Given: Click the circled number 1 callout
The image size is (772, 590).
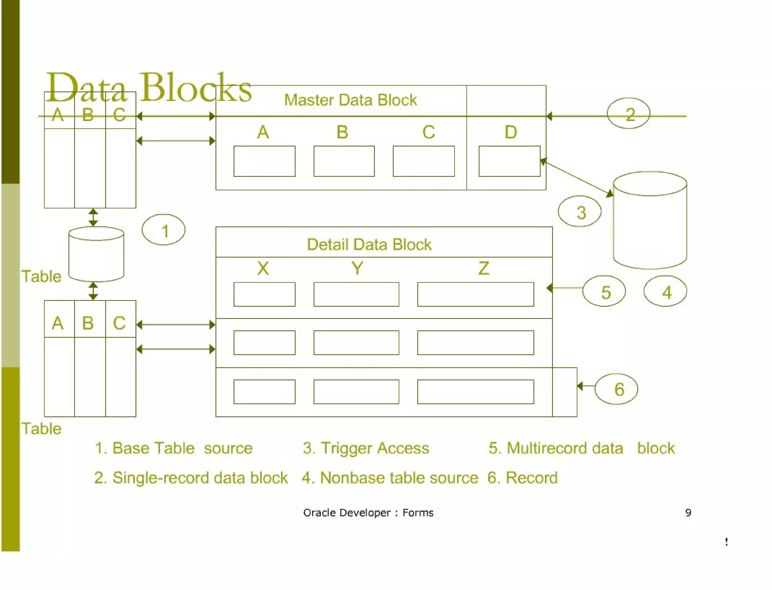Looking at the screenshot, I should click(163, 230).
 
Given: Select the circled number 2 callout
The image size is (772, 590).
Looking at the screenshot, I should click(628, 113).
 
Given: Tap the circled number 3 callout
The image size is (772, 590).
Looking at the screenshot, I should click(579, 211).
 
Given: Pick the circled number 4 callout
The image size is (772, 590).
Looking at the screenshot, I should click(665, 291).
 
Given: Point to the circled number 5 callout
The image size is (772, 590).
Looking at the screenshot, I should click(604, 291).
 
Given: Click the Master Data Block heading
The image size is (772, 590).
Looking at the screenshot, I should click(350, 100).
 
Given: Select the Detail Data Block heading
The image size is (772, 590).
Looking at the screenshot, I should click(369, 244).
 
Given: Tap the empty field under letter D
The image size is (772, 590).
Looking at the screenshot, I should click(509, 161).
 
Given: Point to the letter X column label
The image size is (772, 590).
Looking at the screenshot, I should click(263, 268).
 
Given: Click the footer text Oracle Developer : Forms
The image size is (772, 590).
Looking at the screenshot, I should click(368, 512).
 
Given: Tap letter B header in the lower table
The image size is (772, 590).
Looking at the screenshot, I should click(88, 323).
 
